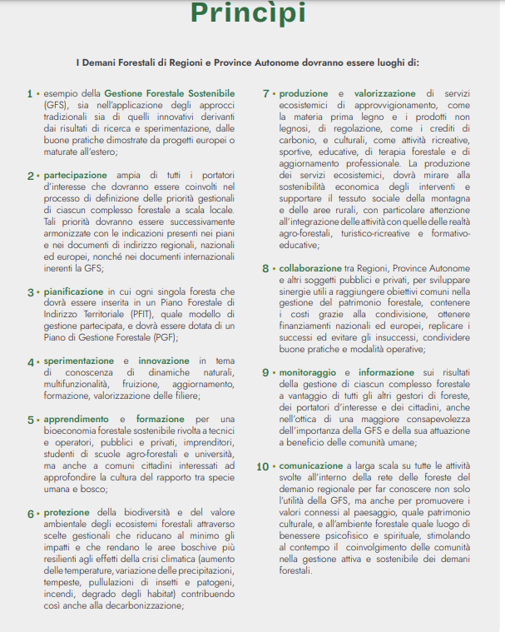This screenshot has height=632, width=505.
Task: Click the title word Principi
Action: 248,13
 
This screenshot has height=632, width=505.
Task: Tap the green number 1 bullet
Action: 31,93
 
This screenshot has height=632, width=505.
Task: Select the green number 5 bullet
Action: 31,419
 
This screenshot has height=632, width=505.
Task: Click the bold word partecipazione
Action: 76,176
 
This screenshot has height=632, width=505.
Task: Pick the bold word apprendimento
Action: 79,419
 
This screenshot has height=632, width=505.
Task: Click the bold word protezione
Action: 69,512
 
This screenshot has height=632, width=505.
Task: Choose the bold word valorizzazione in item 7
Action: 389,93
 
